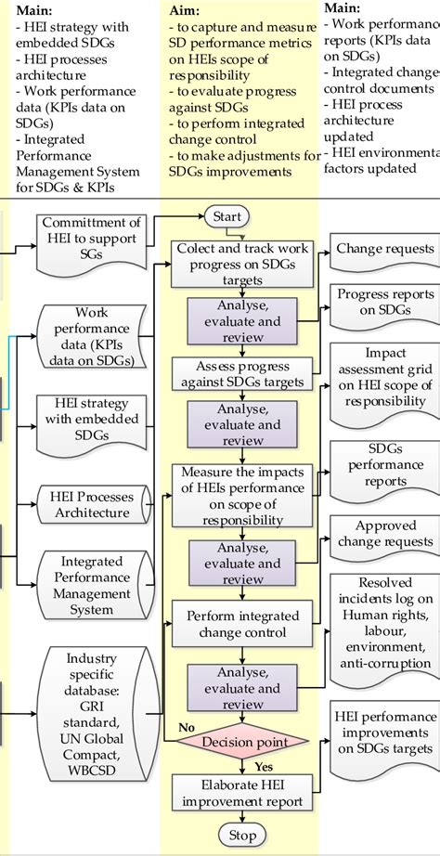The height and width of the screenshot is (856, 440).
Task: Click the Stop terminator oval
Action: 241,835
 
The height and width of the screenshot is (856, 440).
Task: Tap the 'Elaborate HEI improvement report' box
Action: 241,792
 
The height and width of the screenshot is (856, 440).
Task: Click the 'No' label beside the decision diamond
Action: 187,727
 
